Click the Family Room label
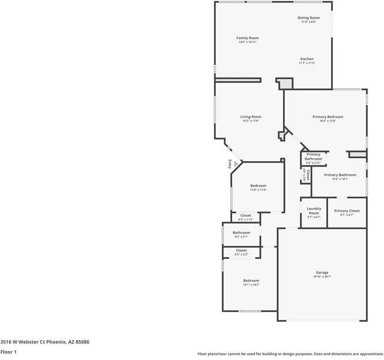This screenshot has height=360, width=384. tap(247, 38)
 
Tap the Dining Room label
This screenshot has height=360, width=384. tap(308, 18)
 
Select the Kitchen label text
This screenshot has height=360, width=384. tap(306, 59)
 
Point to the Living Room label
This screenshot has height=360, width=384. tap(251, 117)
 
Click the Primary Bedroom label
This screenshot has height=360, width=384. tap(328, 117)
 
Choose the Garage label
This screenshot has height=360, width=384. tap(322, 272)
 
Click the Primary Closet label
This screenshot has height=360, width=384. tap(347, 211)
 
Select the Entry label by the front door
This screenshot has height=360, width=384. tap(229, 164)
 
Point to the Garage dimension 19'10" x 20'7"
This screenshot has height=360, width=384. tap(322, 276)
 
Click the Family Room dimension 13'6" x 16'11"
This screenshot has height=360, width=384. tap(247, 42)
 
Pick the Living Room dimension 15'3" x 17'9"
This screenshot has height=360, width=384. tap(251, 121)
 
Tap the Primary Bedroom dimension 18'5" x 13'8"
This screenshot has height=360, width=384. tap(328, 121)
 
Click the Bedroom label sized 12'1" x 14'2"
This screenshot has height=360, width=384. tap(251, 281)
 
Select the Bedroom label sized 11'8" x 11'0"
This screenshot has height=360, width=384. tap(258, 186)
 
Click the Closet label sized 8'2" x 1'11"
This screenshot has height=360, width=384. tap(246, 215)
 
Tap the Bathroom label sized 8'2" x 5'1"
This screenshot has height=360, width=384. tap(242, 233)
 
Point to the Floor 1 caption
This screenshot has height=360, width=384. tap(8, 352)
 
